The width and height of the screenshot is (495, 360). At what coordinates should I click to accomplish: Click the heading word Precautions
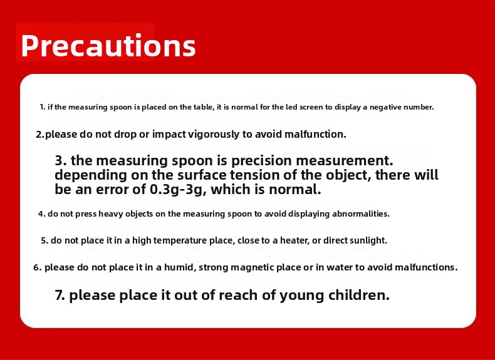coord(108,46)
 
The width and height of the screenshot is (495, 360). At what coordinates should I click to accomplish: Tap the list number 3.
coord(61,161)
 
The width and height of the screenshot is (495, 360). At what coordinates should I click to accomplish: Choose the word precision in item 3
coord(261,161)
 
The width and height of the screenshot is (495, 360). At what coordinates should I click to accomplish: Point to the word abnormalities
coord(360,213)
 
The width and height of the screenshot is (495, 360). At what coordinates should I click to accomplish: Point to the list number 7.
coord(60,296)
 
